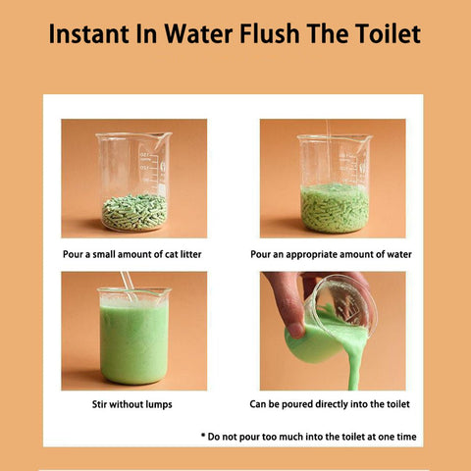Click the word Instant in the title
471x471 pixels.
[88, 33]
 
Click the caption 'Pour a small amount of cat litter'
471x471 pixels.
[132, 254]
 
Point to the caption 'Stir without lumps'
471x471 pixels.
[132, 404]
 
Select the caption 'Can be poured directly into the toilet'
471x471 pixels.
[330, 404]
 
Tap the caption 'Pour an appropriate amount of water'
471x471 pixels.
[331, 254]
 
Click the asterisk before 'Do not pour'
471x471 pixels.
[203, 436]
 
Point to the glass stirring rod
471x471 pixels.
[129, 286]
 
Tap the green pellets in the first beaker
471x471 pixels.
[134, 212]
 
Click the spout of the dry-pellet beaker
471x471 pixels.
[164, 136]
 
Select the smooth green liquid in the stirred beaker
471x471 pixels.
[134, 344]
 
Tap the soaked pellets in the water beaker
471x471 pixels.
[335, 209]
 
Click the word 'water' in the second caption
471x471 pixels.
[399, 254]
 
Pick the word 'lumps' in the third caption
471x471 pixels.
[159, 405]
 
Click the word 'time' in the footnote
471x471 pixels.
[406, 437]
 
